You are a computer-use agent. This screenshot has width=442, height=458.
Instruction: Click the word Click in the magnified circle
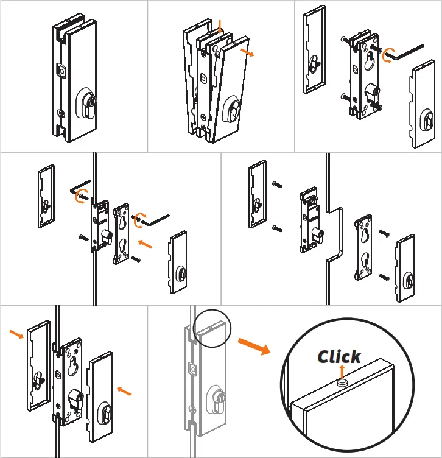339,357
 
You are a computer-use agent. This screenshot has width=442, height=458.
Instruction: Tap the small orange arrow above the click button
341,371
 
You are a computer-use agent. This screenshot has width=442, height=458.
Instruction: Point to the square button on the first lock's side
61,71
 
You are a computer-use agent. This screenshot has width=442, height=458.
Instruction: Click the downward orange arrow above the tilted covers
220,26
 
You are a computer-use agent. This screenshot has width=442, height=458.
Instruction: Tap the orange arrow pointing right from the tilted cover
246,52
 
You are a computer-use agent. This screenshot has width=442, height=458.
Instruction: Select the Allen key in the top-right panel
409,52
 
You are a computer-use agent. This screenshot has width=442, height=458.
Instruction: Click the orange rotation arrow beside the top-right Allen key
387,55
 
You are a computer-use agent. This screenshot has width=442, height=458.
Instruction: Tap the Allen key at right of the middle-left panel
159,217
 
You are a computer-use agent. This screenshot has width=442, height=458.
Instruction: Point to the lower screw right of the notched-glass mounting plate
384,277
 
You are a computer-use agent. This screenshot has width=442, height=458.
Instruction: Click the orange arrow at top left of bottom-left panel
17,334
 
